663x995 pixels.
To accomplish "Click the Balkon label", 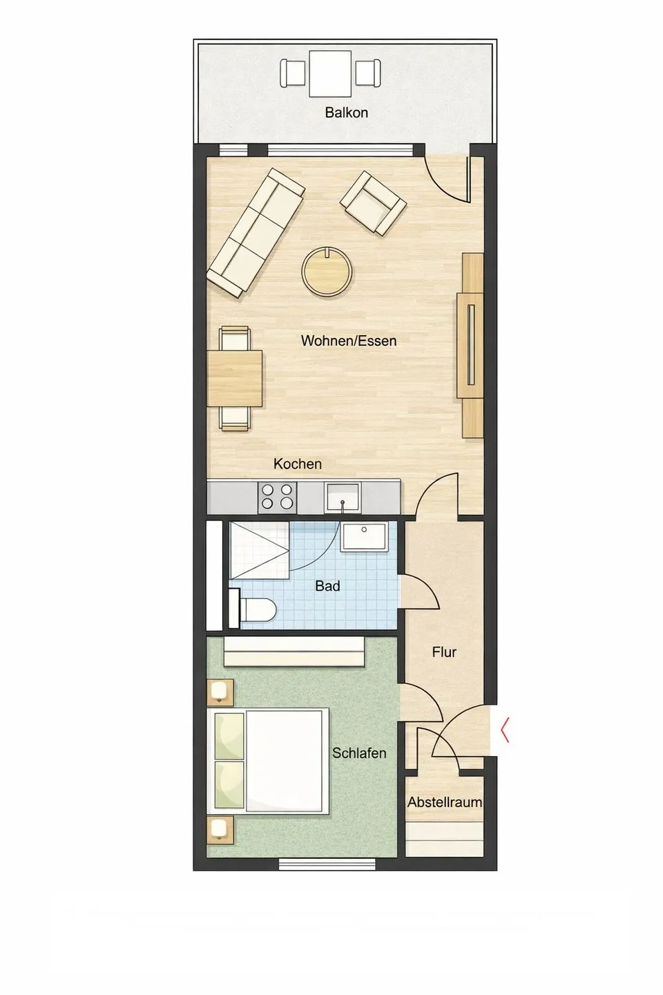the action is [x=347, y=113].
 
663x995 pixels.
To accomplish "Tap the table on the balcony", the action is [x=330, y=74].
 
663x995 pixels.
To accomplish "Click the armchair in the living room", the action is [x=373, y=202].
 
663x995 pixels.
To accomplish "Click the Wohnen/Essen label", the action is [x=349, y=341].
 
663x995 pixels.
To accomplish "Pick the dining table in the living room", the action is [x=235, y=379].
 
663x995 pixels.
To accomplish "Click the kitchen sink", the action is [x=343, y=497].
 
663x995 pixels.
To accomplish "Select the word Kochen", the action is [x=298, y=464].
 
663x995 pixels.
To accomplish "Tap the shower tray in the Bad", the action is [x=259, y=551].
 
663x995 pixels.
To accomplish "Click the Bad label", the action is [x=328, y=587].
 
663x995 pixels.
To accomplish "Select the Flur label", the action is [x=444, y=652].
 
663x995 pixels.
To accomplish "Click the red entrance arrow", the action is [x=505, y=730].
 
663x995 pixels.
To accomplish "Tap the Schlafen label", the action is [x=359, y=753].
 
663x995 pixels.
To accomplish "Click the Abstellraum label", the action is [x=445, y=802].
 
